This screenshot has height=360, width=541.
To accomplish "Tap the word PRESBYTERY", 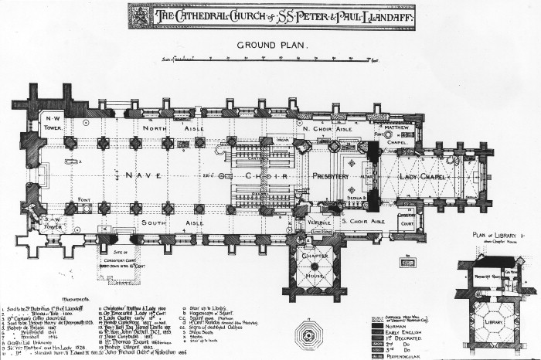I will tap(332, 176).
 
